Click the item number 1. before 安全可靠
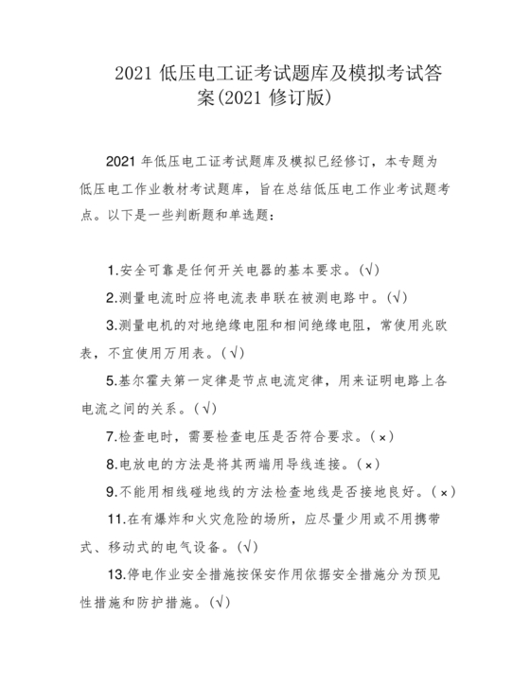pyautogui.click(x=114, y=270)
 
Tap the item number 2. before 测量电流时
pyautogui.click(x=114, y=297)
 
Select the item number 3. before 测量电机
pyautogui.click(x=114, y=325)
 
